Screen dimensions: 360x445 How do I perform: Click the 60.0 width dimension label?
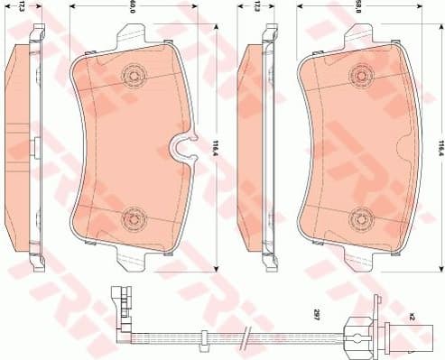coord(133,7)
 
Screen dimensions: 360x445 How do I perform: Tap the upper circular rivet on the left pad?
coord(135,77)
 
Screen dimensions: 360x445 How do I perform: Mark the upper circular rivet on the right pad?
coord(364,77)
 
